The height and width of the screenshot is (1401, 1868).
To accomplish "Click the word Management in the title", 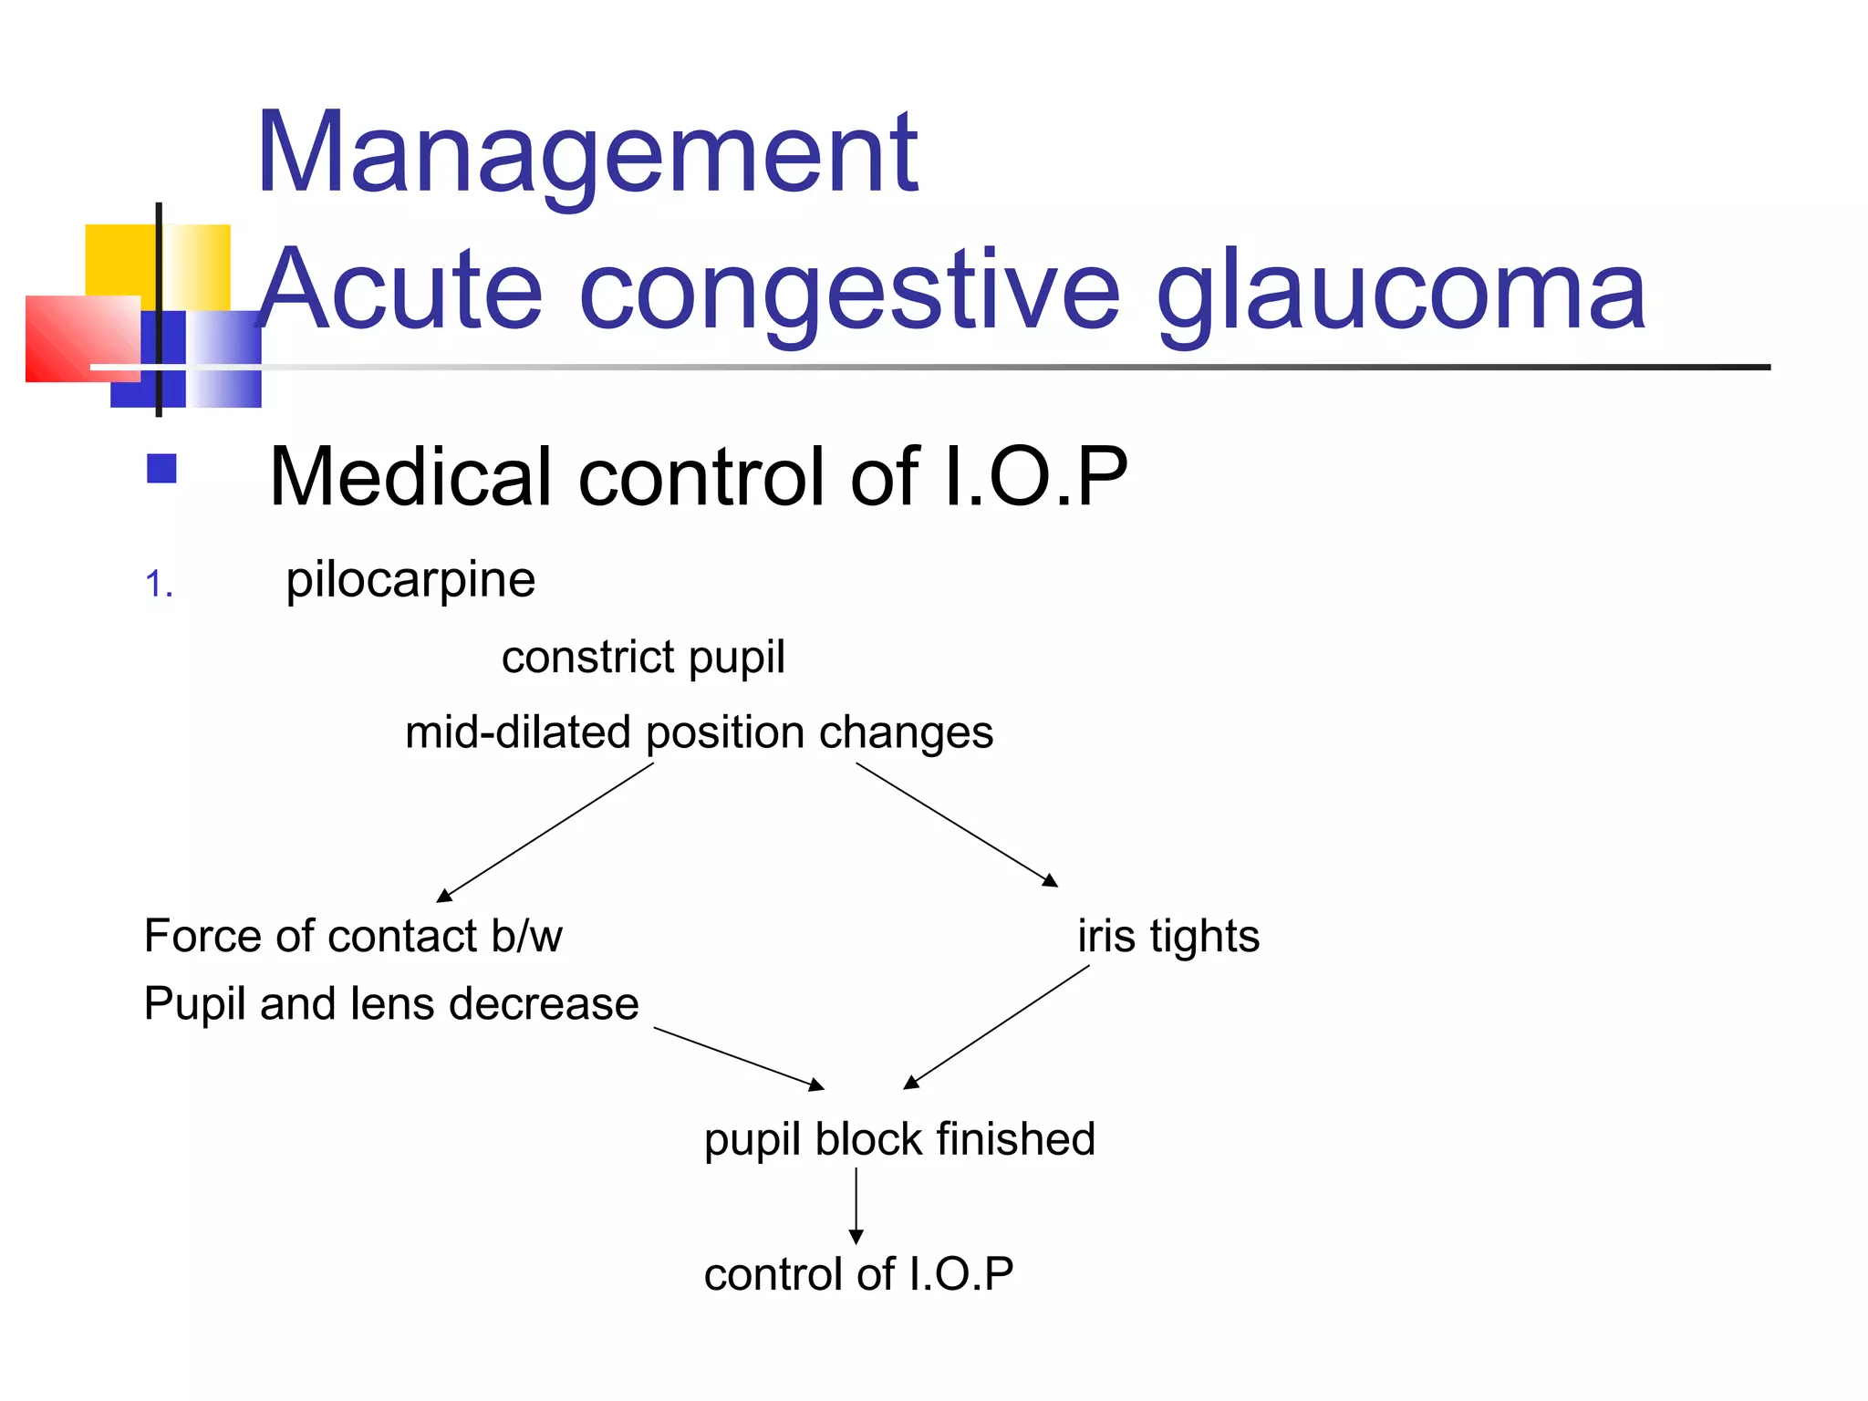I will pos(587,153).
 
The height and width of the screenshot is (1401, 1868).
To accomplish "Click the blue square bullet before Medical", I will pos(161,469).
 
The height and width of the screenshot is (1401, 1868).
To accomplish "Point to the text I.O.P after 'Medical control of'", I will pos(1036,476).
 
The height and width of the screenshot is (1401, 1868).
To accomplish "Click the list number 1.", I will pos(159,585).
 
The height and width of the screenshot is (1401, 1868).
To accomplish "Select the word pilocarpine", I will pos(410,580).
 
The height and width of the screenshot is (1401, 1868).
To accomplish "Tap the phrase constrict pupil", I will pos(643,657).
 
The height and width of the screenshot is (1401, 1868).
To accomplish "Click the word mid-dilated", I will pos(517,732).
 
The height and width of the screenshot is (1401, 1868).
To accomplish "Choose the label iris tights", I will pos(1168,936).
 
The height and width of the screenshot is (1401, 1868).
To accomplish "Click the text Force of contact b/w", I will pos(353,936).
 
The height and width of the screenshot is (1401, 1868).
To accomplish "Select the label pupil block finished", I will pos(899,1139).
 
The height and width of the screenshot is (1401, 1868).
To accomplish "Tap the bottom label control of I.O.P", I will pos(858,1273).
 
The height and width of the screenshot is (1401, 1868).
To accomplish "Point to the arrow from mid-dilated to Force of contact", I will pos(545,832).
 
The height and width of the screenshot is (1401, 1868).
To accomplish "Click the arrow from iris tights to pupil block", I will pos(997,1027).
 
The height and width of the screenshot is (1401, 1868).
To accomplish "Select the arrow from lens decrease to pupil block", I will pos(739,1058).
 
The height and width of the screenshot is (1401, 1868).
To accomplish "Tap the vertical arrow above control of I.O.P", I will pos(856,1206).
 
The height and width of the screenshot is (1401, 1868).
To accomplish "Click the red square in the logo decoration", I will pos(82,338).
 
